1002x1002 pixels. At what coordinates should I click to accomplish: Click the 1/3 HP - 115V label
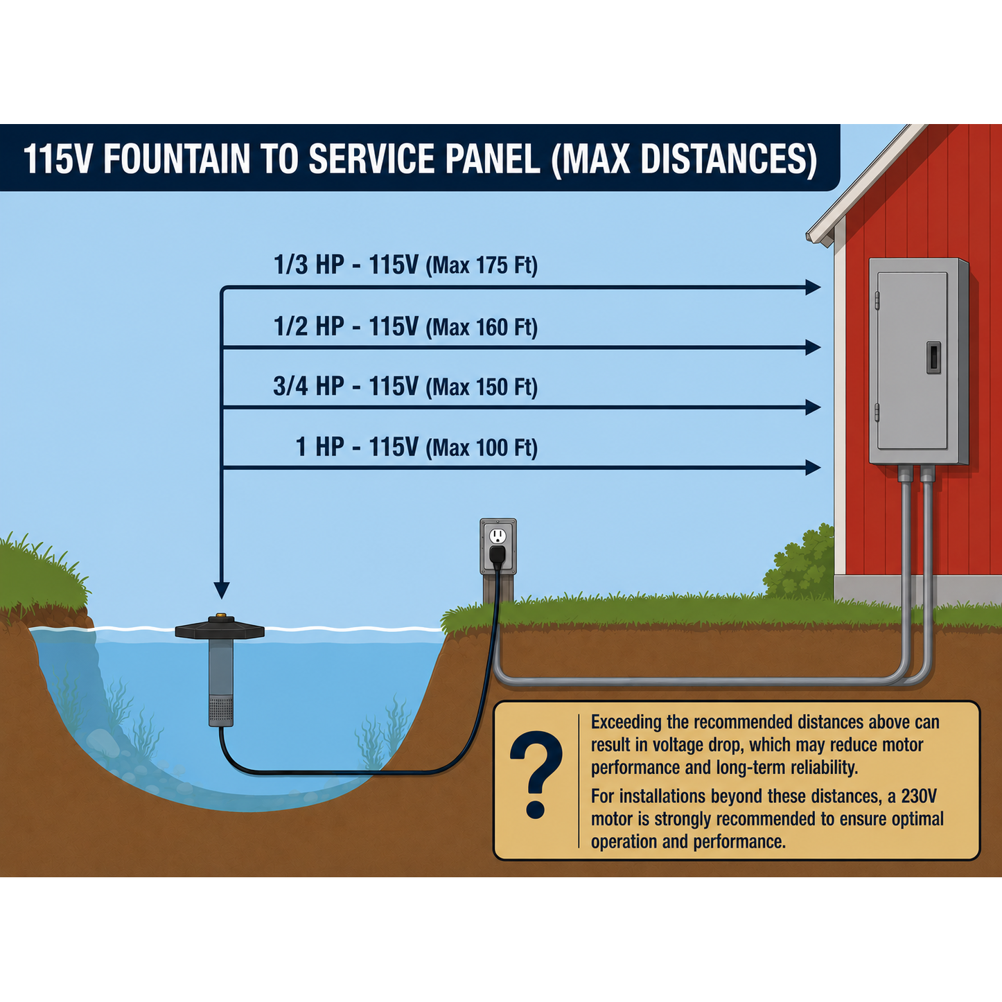click(346, 265)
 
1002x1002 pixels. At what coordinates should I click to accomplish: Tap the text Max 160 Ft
click(482, 327)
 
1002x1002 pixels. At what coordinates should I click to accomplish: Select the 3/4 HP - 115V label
click(346, 387)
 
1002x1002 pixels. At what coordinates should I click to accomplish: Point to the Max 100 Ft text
click(482, 448)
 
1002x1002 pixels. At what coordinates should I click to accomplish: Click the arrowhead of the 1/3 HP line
click(813, 287)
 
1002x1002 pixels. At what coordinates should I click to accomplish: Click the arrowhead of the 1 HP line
click(813, 468)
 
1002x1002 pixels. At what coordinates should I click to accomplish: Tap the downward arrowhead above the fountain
click(222, 590)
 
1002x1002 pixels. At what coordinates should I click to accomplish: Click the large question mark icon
click(536, 775)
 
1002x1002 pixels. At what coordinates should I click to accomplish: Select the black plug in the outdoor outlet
click(498, 555)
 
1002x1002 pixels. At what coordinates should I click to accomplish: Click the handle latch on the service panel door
click(933, 358)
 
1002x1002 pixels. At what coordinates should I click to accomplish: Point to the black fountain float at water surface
click(220, 629)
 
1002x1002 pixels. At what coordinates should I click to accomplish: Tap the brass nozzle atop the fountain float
click(220, 615)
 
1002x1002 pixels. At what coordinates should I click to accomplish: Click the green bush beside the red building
click(798, 564)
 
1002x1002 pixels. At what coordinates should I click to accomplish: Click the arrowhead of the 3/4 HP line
click(813, 407)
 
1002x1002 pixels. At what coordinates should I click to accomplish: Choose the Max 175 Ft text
click(482, 265)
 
